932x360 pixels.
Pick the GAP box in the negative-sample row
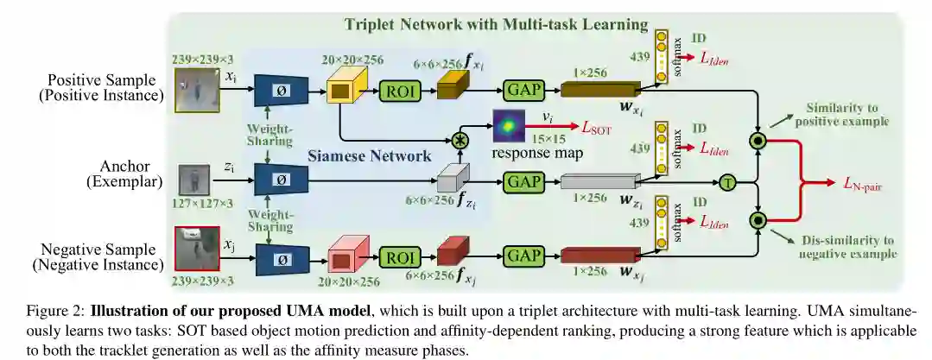tap(524, 257)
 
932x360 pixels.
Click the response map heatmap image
tap(510, 126)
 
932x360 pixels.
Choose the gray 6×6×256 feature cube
tap(453, 180)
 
